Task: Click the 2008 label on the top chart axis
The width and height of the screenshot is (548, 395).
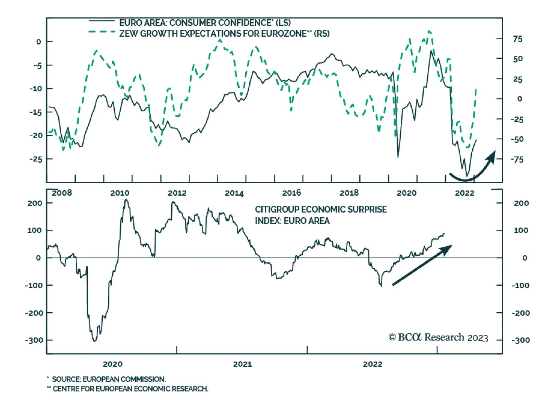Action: tap(62, 193)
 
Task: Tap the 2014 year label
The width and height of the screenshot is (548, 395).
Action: tap(234, 193)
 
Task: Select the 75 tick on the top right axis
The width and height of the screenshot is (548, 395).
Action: tap(518, 39)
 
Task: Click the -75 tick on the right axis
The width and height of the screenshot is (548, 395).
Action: tap(517, 160)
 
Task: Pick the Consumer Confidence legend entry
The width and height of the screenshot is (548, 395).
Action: tap(205, 23)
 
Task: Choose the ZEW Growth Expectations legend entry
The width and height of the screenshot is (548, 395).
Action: tap(224, 34)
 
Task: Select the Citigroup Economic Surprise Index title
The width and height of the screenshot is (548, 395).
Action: tap(321, 215)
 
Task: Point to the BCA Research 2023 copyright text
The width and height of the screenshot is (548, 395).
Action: tap(438, 337)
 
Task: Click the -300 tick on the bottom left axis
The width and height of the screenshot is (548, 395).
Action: tap(34, 340)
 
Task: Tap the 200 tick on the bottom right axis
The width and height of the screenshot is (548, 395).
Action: tap(521, 203)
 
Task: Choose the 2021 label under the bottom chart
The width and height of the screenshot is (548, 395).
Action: tap(242, 364)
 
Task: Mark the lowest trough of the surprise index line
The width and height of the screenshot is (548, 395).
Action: tap(94, 341)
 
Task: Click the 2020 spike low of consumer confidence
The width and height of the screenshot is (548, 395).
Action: tap(398, 157)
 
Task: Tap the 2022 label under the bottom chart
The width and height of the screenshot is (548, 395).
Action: tap(372, 364)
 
